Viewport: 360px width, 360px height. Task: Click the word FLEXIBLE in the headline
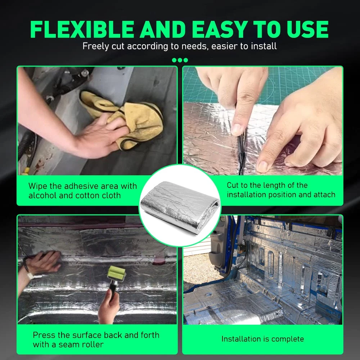[82, 29]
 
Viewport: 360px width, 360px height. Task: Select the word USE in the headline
[307, 29]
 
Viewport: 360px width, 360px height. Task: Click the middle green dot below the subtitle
[180, 60]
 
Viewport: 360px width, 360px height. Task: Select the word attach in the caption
[324, 195]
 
